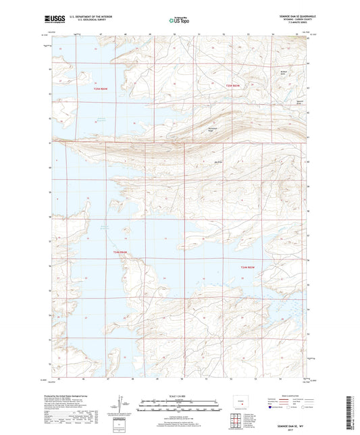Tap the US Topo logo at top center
click(178, 21)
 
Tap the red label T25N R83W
click(233, 86)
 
